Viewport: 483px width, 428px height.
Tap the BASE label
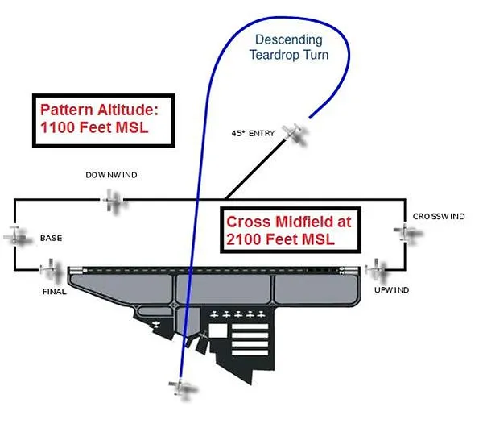point(51,238)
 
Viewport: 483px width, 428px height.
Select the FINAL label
point(54,291)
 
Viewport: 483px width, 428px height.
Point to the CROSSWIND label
point(439,217)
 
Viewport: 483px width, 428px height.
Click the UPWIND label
point(391,289)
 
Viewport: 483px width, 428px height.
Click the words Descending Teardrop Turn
point(288,46)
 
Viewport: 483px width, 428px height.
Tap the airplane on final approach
point(52,268)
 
